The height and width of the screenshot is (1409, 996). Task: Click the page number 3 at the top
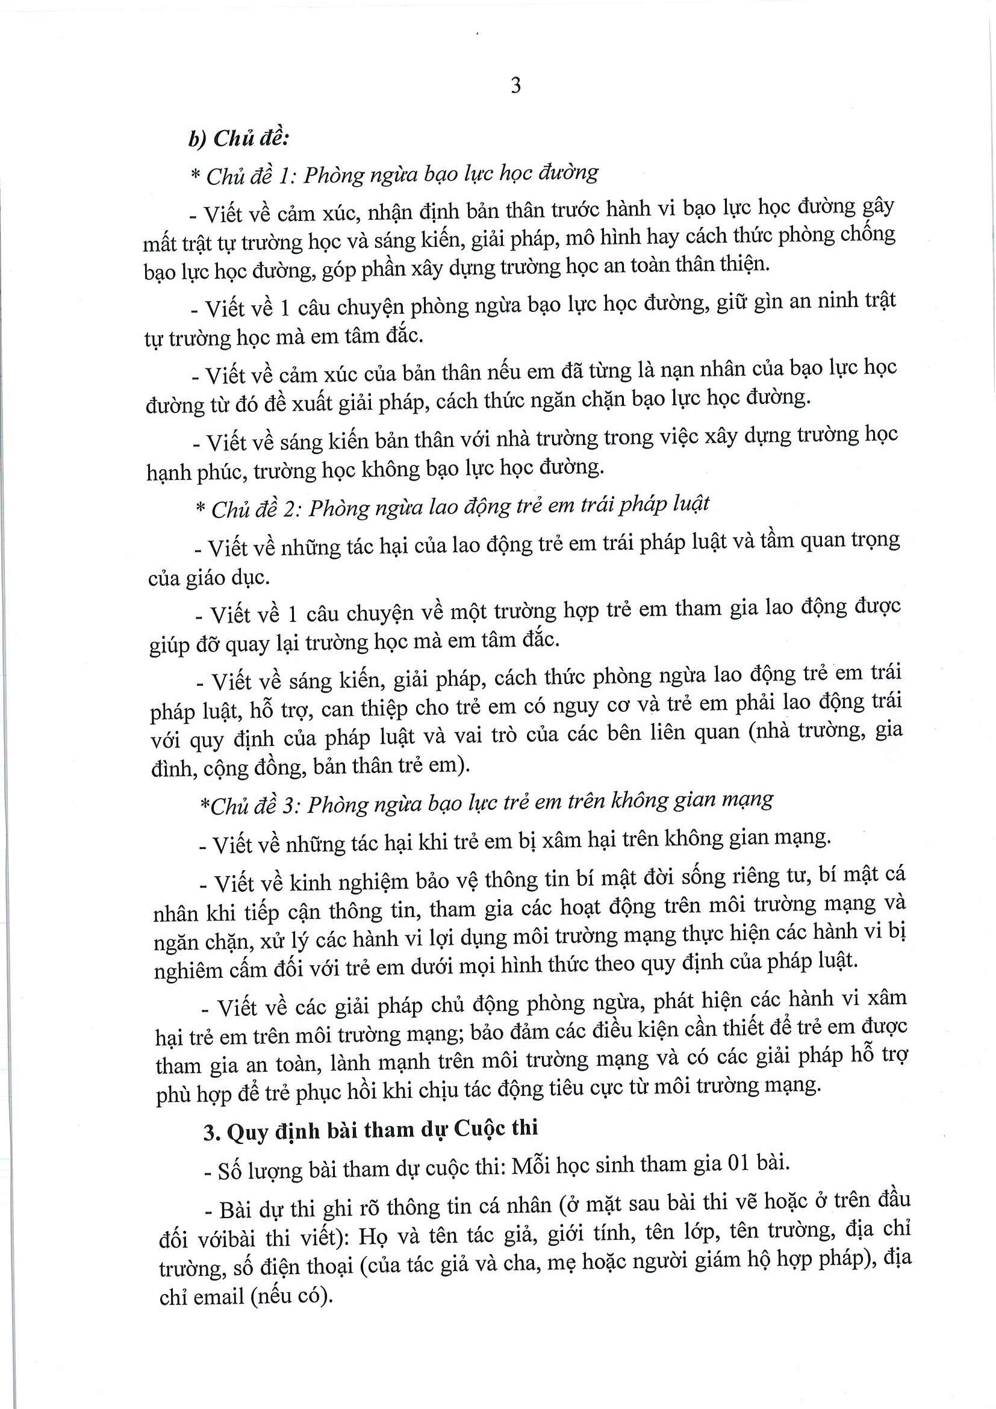coord(515,86)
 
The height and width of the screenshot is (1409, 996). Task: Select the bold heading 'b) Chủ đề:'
coord(238,138)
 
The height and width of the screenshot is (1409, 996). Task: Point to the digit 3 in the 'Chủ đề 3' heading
coord(288,805)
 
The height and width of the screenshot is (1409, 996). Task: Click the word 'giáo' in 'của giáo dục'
coord(208,577)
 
